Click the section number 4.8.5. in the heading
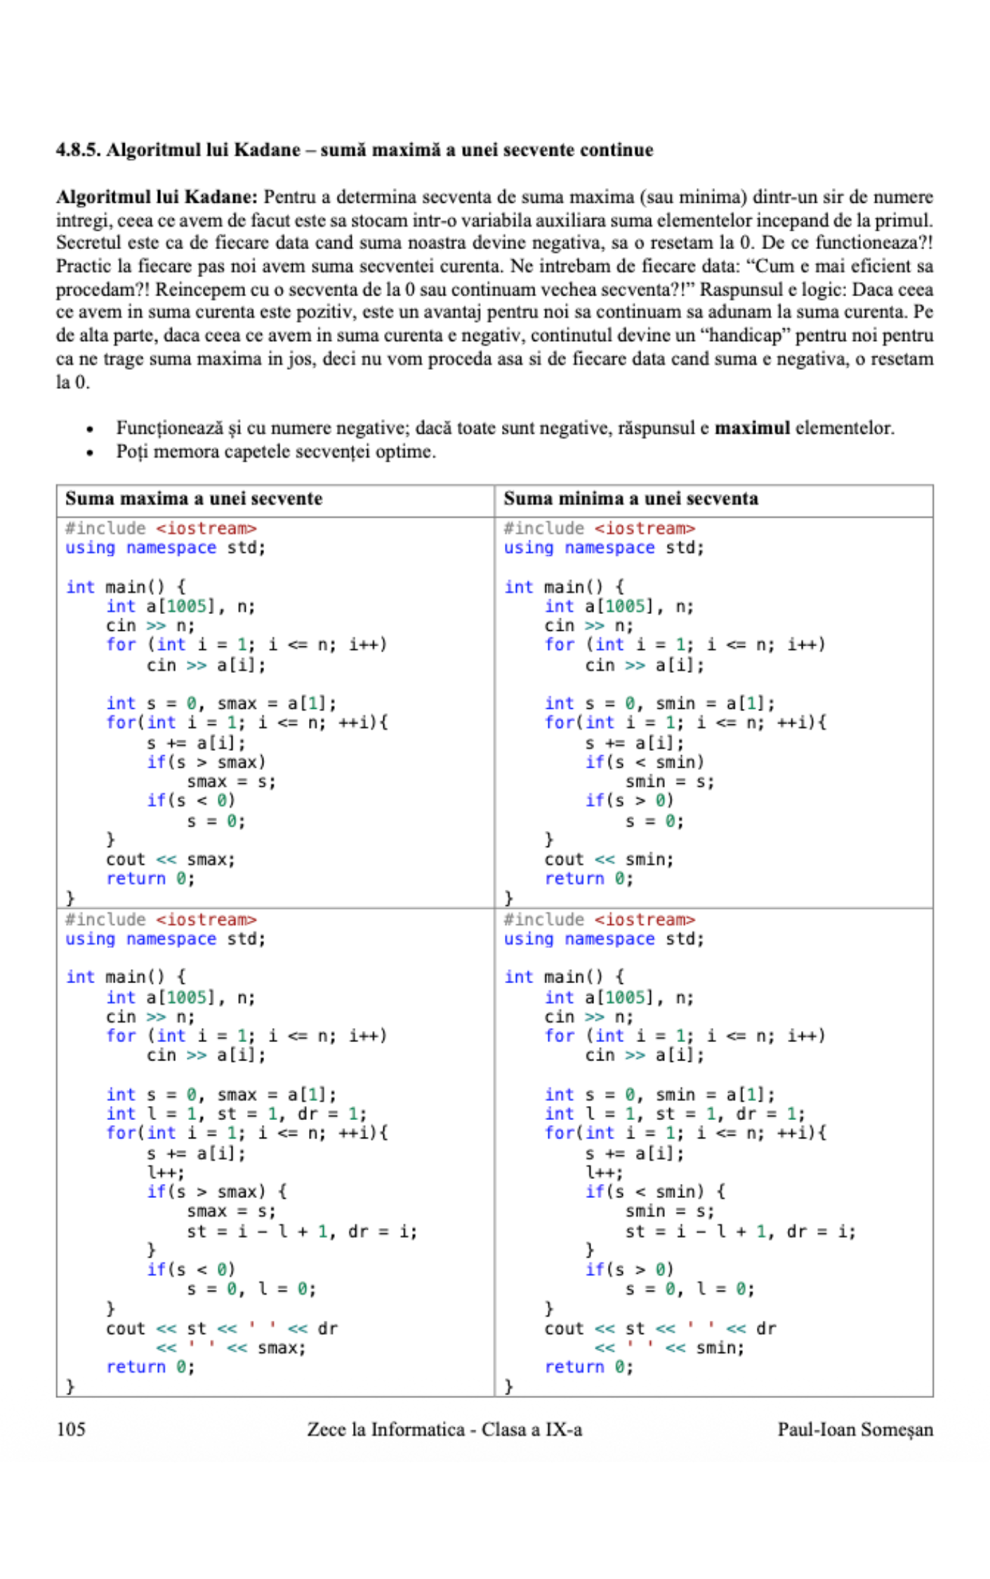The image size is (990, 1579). click(x=78, y=150)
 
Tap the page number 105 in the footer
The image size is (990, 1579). click(x=71, y=1430)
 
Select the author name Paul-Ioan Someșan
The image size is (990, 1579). click(x=854, y=1430)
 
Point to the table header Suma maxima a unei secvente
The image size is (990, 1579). click(x=194, y=499)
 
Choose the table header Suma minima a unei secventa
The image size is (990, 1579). click(x=631, y=499)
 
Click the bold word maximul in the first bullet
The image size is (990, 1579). click(x=751, y=428)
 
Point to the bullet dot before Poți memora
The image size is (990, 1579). click(x=89, y=453)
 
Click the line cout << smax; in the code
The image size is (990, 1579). click(x=171, y=860)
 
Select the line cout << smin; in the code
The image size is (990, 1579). click(x=609, y=860)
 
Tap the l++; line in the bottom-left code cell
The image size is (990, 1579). click(x=166, y=1173)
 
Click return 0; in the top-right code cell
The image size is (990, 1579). click(x=588, y=879)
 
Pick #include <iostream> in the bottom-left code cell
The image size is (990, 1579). click(x=161, y=919)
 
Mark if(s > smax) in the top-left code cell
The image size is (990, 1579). click(x=206, y=762)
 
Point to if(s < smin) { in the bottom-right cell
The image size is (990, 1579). click(x=655, y=1192)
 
